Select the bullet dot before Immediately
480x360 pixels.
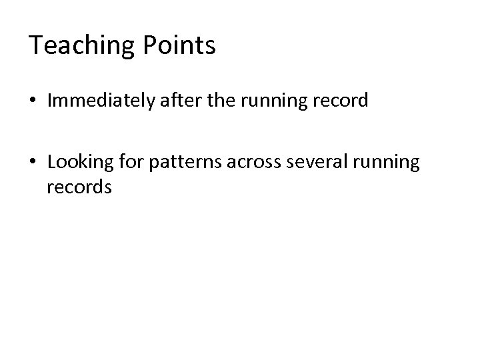point(33,101)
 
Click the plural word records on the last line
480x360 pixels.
point(79,187)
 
